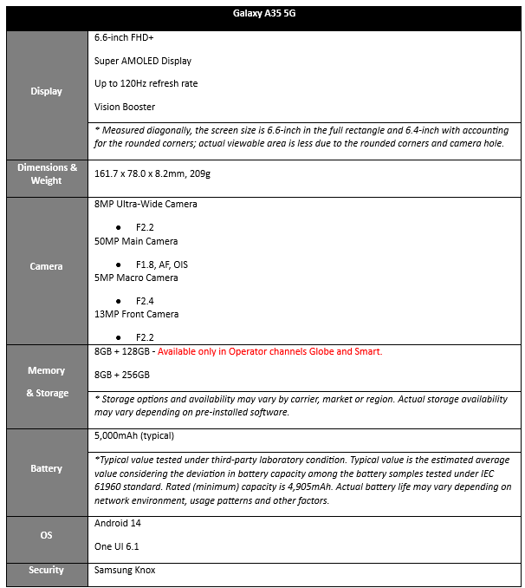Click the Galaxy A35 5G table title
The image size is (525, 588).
[x=262, y=16]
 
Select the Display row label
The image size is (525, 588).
[x=47, y=91]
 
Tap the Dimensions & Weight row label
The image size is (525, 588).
[x=47, y=173]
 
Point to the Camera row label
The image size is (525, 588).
[x=47, y=266]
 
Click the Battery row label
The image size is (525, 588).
[x=47, y=468]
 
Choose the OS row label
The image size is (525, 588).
[x=47, y=535]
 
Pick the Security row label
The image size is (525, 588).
[x=47, y=570]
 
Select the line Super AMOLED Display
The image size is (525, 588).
[x=143, y=61]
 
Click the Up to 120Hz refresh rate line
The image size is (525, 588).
[x=146, y=83]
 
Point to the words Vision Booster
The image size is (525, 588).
[x=125, y=107]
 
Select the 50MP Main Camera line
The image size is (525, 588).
[x=136, y=241]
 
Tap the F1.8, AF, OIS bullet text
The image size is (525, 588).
[x=162, y=264]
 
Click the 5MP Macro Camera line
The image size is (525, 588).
[x=136, y=278]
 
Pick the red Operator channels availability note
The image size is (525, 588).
[x=269, y=351]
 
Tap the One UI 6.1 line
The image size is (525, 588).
[x=117, y=546]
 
